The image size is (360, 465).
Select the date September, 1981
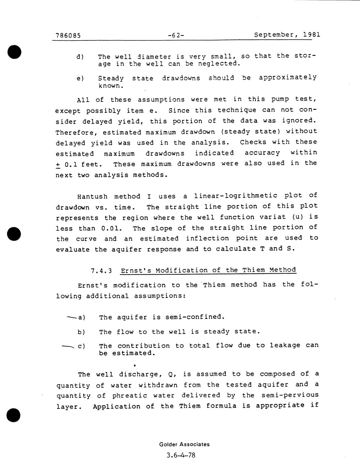coord(287,35)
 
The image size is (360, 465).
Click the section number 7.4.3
coord(101,271)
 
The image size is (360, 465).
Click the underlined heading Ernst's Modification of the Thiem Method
coord(208,270)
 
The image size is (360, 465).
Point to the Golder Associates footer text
coord(184,444)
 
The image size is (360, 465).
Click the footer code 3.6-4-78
coord(181,455)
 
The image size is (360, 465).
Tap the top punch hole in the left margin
coord(14,52)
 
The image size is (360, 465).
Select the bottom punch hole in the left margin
coord(13,415)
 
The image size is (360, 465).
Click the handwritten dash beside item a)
coord(71,317)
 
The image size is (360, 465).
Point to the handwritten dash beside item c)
coord(68,346)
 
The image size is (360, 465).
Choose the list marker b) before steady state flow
coord(81,332)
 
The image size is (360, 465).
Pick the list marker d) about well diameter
coord(80,56)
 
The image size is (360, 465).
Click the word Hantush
coord(92,196)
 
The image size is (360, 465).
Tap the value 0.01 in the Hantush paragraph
coord(111,228)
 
